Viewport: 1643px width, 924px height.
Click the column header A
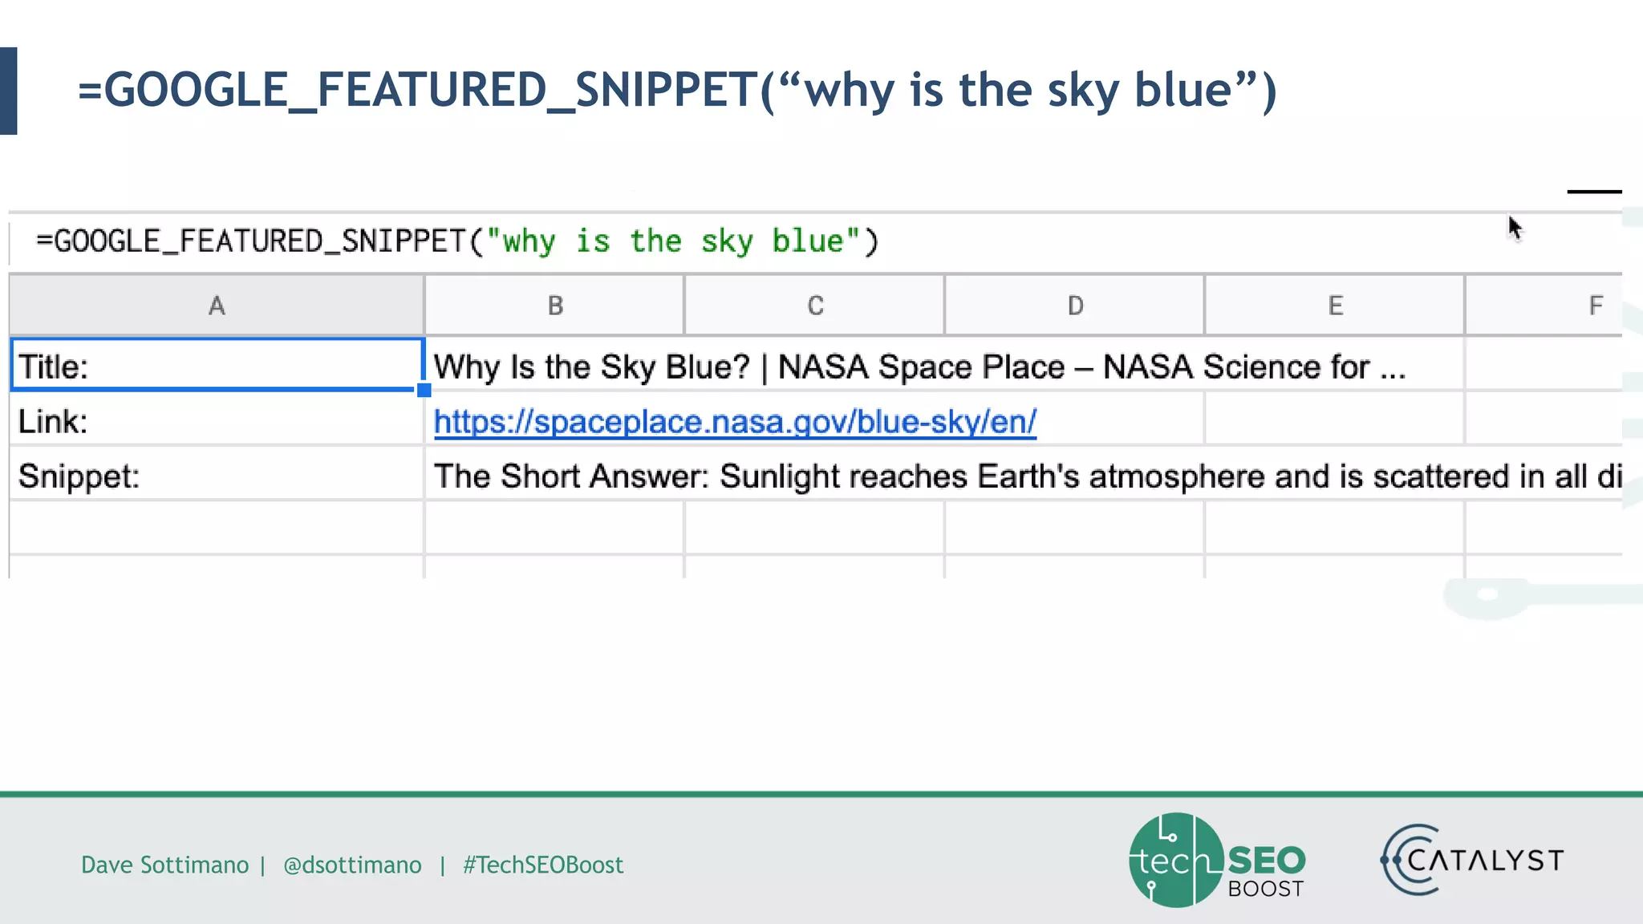217,306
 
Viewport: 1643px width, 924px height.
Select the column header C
815,306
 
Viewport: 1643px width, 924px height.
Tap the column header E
1335,306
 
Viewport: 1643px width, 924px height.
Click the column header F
1595,306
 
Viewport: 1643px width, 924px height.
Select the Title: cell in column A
217,366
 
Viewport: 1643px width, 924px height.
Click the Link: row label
53,422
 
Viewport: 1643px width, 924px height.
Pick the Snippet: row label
79,476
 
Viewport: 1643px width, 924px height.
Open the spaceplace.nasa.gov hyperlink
735,422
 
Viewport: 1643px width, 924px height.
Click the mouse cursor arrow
1514,229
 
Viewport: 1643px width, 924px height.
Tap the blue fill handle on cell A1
424,391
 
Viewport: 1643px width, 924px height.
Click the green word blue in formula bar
808,241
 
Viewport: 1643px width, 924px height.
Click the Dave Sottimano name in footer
164,865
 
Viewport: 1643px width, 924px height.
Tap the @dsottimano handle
352,865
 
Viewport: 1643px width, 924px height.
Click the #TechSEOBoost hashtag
543,865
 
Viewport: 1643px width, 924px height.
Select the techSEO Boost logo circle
1176,861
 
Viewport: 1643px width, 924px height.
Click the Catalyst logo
1473,861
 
